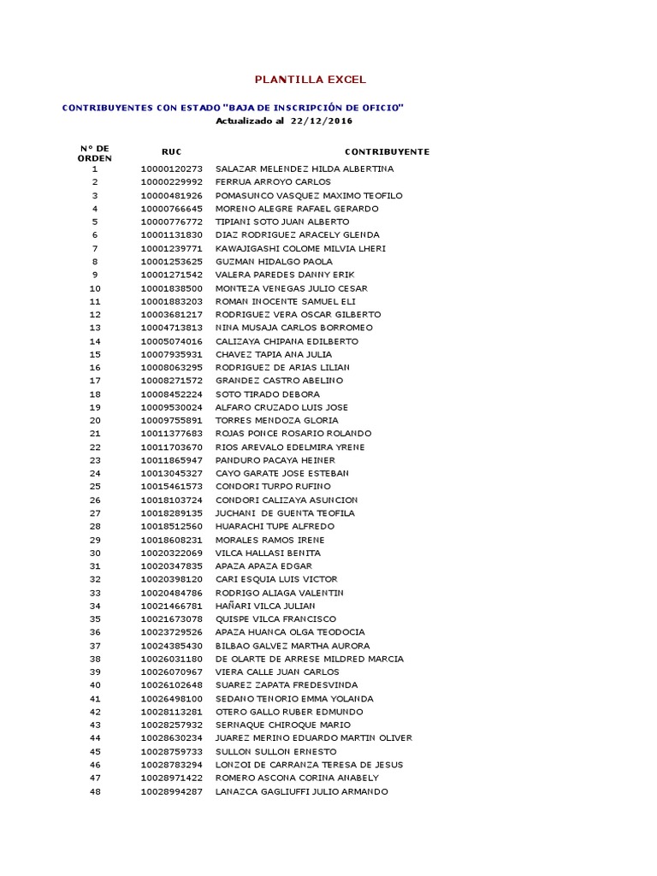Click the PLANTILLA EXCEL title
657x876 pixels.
pyautogui.click(x=311, y=80)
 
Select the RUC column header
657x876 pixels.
pyautogui.click(x=171, y=151)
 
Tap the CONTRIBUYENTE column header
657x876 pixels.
pyautogui.click(x=387, y=151)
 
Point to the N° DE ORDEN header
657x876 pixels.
pyautogui.click(x=94, y=153)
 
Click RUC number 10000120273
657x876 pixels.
pyautogui.click(x=172, y=169)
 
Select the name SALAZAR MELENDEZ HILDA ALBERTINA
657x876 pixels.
pyautogui.click(x=305, y=169)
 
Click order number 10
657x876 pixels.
pyautogui.click(x=95, y=288)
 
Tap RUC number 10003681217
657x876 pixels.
pyautogui.click(x=172, y=315)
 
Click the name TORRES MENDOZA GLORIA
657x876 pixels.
pyautogui.click(x=277, y=421)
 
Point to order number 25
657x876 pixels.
pyautogui.click(x=95, y=487)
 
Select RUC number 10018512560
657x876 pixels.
pyautogui.click(x=172, y=526)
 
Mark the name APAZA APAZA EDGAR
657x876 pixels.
pyautogui.click(x=263, y=566)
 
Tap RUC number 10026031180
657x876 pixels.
pyautogui.click(x=172, y=659)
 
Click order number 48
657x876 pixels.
pyautogui.click(x=95, y=791)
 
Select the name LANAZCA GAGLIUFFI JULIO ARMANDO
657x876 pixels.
pyautogui.click(x=301, y=791)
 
